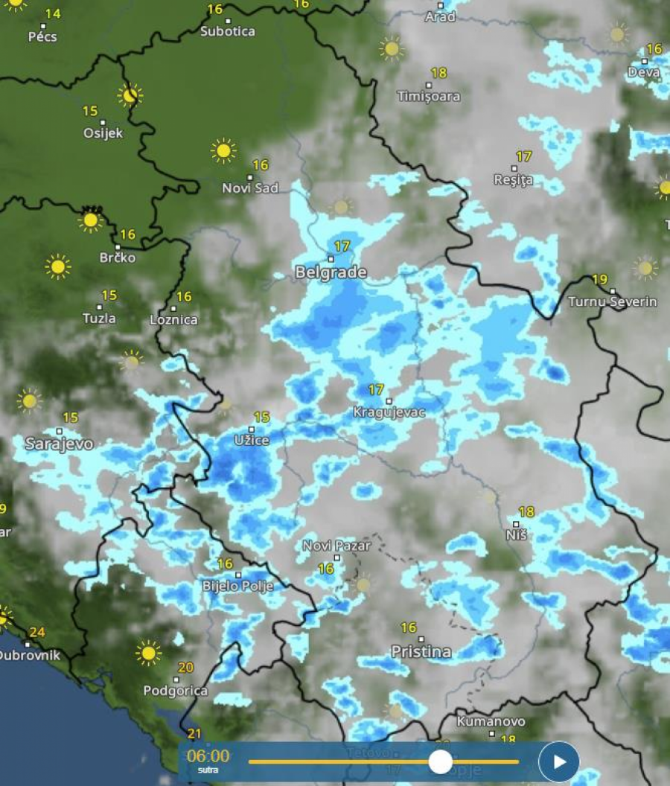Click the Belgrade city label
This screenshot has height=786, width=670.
click(x=331, y=272)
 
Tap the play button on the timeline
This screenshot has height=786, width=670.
click(x=558, y=762)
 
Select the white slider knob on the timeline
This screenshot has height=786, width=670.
click(x=441, y=761)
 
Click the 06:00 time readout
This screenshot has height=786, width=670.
click(x=208, y=756)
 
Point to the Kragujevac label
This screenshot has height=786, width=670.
click(x=389, y=412)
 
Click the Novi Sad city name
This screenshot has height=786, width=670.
click(x=250, y=188)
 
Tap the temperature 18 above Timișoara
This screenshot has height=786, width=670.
click(x=438, y=73)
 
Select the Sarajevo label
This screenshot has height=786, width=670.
click(x=60, y=444)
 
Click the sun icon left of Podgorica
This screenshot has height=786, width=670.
click(x=149, y=653)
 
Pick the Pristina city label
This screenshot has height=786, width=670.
click(x=421, y=652)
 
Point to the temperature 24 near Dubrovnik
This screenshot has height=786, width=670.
click(x=37, y=633)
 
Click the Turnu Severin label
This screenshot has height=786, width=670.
click(x=612, y=301)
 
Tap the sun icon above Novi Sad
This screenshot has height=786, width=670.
click(x=223, y=150)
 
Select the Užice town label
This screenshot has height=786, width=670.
click(x=252, y=441)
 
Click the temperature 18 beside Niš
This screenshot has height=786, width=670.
click(x=526, y=512)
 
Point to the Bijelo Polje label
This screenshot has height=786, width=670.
click(x=238, y=587)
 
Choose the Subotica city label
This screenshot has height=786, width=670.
click(x=228, y=32)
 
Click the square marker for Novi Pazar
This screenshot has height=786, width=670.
click(x=336, y=557)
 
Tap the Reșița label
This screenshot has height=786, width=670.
click(x=514, y=180)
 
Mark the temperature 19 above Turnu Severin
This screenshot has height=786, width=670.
click(x=599, y=280)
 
